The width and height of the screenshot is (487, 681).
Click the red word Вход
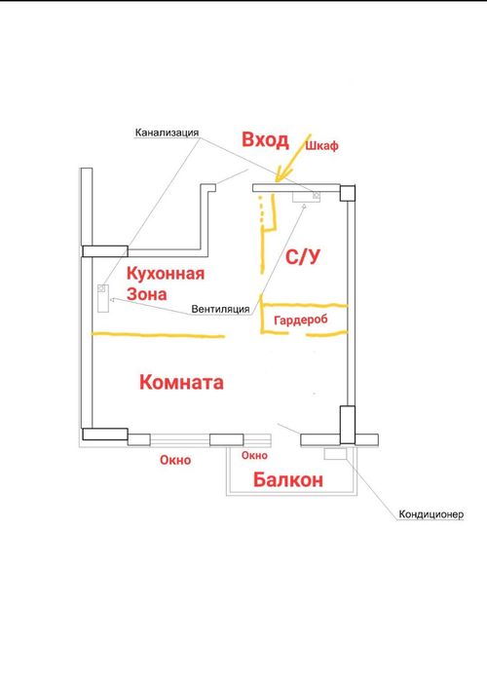(x=265, y=140)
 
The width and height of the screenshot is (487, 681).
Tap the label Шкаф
(x=321, y=146)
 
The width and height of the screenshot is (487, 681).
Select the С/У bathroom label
(x=303, y=256)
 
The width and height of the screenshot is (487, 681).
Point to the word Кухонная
(x=166, y=274)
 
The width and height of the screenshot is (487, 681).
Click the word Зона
(x=147, y=294)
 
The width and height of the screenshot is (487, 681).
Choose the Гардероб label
(x=301, y=321)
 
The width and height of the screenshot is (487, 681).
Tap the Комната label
(x=181, y=383)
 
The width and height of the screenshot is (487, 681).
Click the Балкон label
(x=288, y=480)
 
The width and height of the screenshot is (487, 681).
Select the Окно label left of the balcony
(x=175, y=460)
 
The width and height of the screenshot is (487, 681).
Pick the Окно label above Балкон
(x=255, y=456)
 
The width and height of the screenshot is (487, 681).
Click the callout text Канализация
(x=167, y=132)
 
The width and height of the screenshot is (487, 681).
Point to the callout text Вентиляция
(x=220, y=309)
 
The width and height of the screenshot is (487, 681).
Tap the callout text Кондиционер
(x=431, y=514)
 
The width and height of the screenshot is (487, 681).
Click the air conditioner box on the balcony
(x=335, y=454)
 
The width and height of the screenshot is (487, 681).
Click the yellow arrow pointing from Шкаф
(x=294, y=157)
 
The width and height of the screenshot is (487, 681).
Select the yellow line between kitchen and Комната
(x=158, y=334)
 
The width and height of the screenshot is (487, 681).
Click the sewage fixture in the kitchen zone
(x=103, y=298)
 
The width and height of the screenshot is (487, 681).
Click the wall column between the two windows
(x=227, y=439)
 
